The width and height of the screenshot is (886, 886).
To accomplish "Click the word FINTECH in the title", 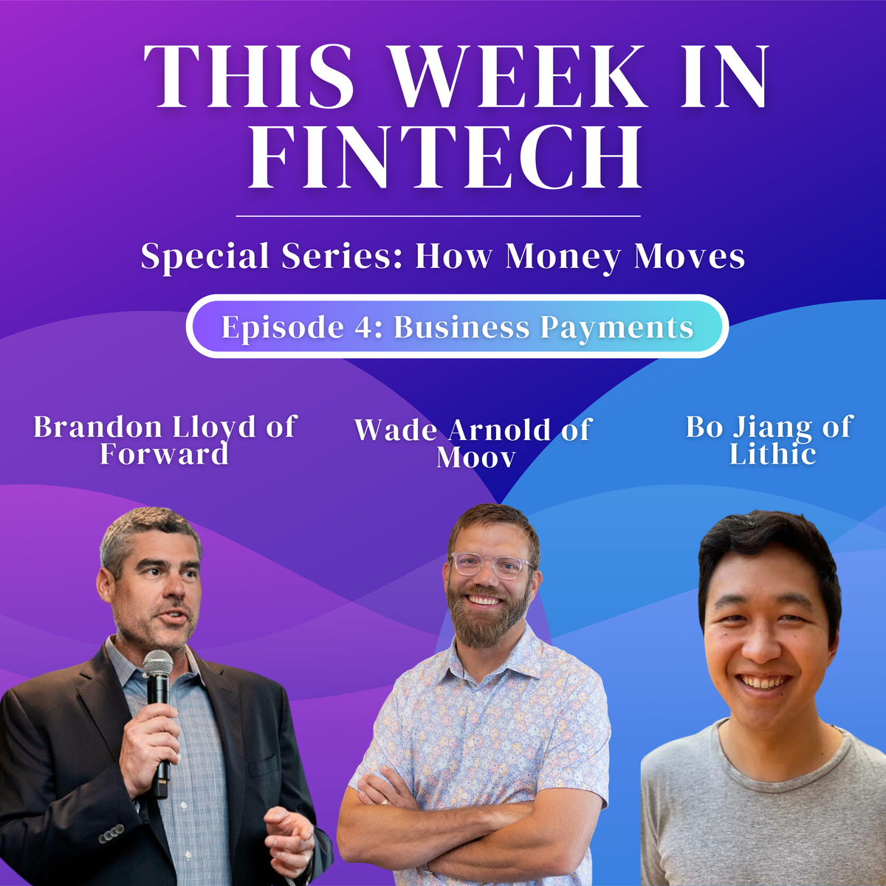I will (444, 157).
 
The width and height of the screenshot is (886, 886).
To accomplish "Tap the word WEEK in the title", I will (517, 78).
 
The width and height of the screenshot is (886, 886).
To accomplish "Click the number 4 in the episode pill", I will (365, 327).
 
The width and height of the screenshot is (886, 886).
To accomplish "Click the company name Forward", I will (164, 453).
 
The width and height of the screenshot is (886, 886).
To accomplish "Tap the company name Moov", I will (475, 457).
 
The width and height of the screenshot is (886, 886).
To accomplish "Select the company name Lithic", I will (772, 453).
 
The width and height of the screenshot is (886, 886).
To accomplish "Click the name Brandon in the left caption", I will (97, 427).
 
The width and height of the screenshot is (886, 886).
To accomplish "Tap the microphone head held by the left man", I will (157, 663).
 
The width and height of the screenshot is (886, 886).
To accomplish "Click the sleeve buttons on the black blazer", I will (111, 834).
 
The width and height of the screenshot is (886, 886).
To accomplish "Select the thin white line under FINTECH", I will (438, 216).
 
